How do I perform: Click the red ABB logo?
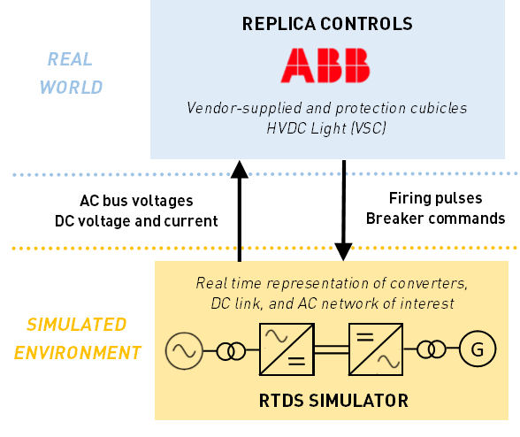(325, 65)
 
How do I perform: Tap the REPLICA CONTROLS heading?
(327, 24)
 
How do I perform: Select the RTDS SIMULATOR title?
(333, 401)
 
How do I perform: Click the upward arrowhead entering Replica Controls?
(240, 170)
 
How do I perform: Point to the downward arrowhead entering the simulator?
(343, 252)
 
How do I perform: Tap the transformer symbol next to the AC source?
(231, 351)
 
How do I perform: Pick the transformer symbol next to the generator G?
(432, 349)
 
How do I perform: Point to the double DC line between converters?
(332, 349)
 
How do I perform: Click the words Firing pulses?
(435, 198)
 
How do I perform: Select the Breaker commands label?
(435, 218)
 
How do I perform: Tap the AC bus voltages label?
(136, 201)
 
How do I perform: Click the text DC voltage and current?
(136, 221)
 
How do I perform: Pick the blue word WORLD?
(72, 88)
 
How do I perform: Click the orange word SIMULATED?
(77, 325)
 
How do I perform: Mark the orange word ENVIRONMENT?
(78, 353)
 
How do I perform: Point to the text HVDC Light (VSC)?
(326, 128)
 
